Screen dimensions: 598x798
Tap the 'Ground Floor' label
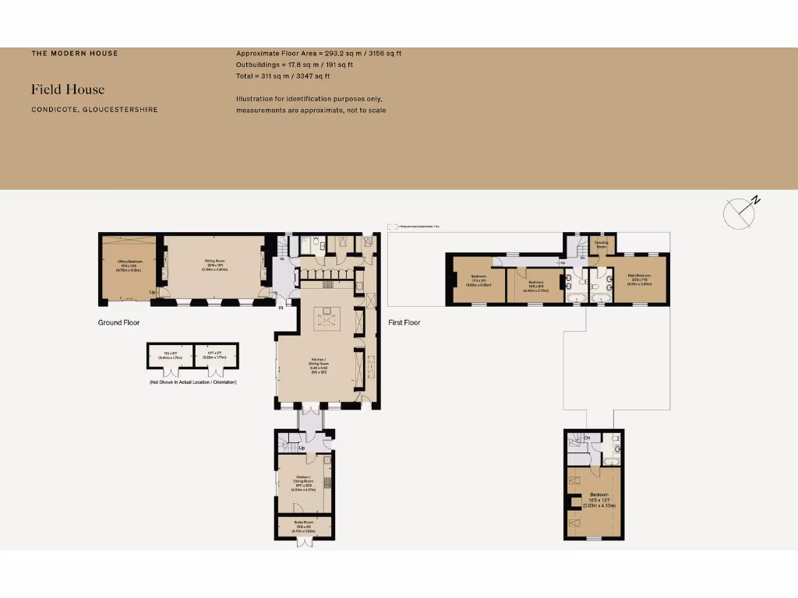tap(118, 322)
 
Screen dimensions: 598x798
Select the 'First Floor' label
tap(404, 322)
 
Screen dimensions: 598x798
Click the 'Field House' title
tap(68, 90)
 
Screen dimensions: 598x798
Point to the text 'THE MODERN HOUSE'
tap(75, 54)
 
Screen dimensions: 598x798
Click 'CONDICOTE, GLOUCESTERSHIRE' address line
tap(94, 110)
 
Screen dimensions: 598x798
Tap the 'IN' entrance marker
tap(281, 307)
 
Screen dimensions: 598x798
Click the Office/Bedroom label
tap(129, 266)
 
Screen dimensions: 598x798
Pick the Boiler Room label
tap(304, 525)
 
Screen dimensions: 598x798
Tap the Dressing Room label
tap(602, 244)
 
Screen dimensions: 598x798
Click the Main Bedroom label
tap(639, 278)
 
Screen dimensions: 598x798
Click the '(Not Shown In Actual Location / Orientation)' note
tap(192, 382)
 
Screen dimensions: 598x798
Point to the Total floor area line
tap(283, 76)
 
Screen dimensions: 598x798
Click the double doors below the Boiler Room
tap(305, 543)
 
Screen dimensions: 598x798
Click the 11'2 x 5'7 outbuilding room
tap(170, 356)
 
